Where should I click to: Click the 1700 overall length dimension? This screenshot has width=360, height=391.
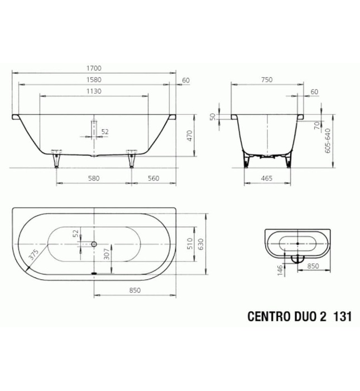(x=93, y=69)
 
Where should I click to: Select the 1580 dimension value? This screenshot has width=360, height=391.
(x=93, y=80)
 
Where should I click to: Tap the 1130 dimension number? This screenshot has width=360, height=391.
(x=93, y=92)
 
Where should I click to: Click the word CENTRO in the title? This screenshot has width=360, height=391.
(x=266, y=315)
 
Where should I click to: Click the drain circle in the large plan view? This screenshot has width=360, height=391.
(x=94, y=244)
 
